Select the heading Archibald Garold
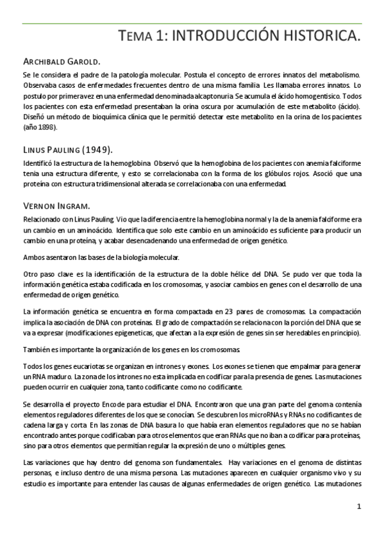[x=61, y=62]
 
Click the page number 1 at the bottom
[x=360, y=507]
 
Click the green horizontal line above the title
[x=192, y=24]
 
